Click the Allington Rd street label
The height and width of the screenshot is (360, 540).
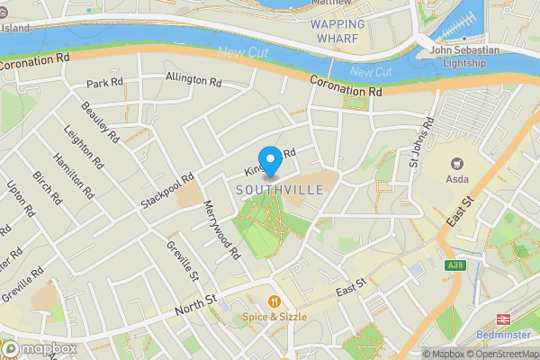tap(193, 80)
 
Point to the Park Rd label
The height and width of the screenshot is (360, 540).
tap(103, 84)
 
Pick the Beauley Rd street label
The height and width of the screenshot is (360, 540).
tap(100, 123)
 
